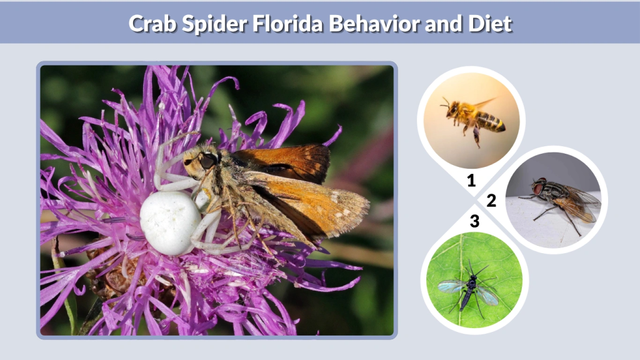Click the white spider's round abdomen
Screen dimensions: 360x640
coord(170,222)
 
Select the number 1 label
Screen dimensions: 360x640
coord(472,181)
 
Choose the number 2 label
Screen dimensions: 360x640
coord(491,201)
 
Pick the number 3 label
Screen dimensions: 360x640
coord(475,221)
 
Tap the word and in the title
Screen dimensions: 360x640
coord(441,24)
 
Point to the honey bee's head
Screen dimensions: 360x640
coord(451,109)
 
